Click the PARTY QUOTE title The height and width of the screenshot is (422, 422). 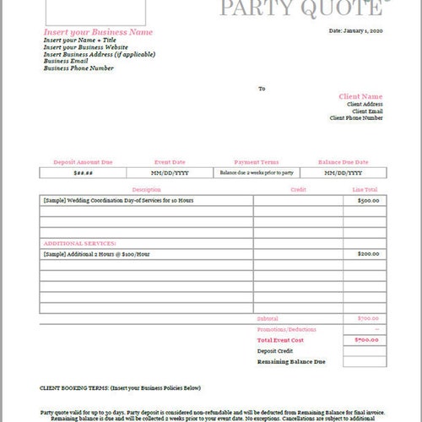[x=300, y=8]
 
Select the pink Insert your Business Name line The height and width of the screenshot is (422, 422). [x=98, y=32]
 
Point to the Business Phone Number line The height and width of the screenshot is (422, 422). [x=78, y=68]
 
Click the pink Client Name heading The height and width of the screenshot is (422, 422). [x=360, y=96]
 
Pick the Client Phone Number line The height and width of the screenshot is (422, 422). [x=356, y=118]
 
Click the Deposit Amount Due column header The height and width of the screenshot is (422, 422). [x=83, y=160]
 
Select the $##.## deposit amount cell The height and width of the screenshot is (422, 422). [x=83, y=172]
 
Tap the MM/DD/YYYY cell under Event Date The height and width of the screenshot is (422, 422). [x=170, y=172]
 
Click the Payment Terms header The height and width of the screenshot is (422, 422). [x=256, y=160]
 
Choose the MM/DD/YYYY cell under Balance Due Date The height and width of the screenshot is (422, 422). [x=344, y=172]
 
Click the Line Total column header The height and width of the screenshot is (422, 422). [x=365, y=191]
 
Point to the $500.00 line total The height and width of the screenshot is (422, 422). [x=367, y=201]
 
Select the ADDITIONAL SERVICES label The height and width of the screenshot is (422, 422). [x=79, y=242]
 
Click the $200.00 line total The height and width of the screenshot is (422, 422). [x=367, y=253]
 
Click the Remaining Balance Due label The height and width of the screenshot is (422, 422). [x=291, y=361]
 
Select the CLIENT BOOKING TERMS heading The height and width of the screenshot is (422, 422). [x=120, y=388]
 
